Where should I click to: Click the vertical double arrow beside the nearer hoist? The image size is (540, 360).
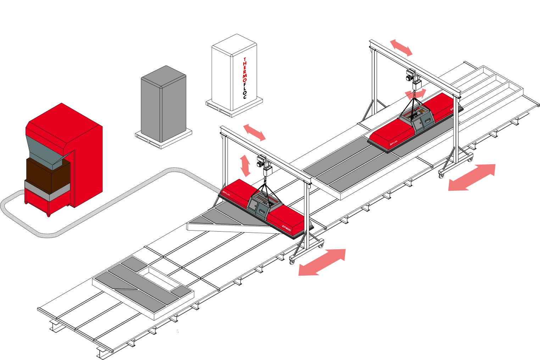(245, 165)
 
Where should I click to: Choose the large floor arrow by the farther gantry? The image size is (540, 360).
(472, 177)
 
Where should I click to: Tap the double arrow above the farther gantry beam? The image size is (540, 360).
(401, 48)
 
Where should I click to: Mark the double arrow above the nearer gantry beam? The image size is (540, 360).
(254, 132)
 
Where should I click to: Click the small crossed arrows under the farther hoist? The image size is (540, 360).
(416, 94)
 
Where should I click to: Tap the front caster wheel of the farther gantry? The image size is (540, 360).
(442, 175)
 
